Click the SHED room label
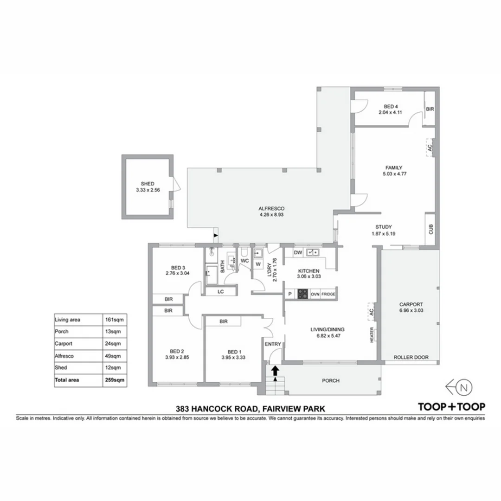pos(148,183)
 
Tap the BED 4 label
pos(392,106)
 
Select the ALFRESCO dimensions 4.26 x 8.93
pos(271,215)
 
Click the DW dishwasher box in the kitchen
pos(298,252)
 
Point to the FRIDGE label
pos(328,294)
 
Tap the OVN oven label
pos(315,294)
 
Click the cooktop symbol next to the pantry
pos(302,294)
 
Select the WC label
pos(245,261)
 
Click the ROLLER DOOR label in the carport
pos(411,357)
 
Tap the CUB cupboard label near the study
pos(430,229)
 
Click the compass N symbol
pos(466,386)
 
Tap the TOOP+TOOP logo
pos(452,407)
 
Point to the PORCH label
pos(331,381)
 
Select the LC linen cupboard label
pos(220,292)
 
